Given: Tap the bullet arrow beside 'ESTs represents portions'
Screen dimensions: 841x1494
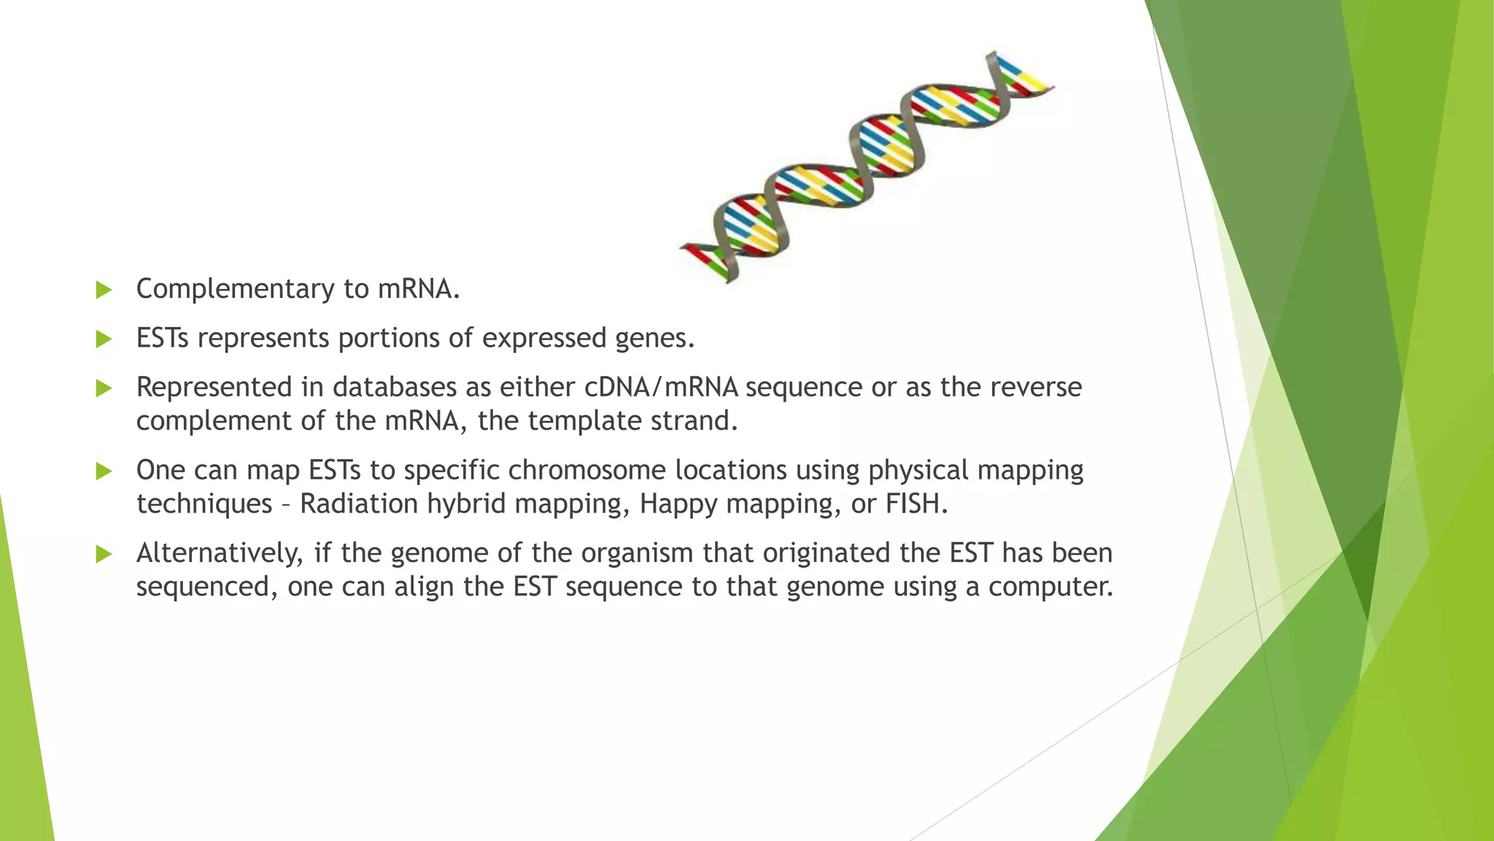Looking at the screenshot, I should (104, 339).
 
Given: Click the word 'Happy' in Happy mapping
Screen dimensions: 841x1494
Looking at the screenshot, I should (678, 504).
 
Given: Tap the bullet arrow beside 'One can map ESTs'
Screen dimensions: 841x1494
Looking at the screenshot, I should (104, 471).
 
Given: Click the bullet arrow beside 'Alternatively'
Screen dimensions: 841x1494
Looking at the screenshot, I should (104, 554).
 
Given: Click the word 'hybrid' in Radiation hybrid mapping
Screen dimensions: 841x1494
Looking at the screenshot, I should (465, 504).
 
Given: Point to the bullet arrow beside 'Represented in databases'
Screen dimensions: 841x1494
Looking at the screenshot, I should (104, 388).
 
